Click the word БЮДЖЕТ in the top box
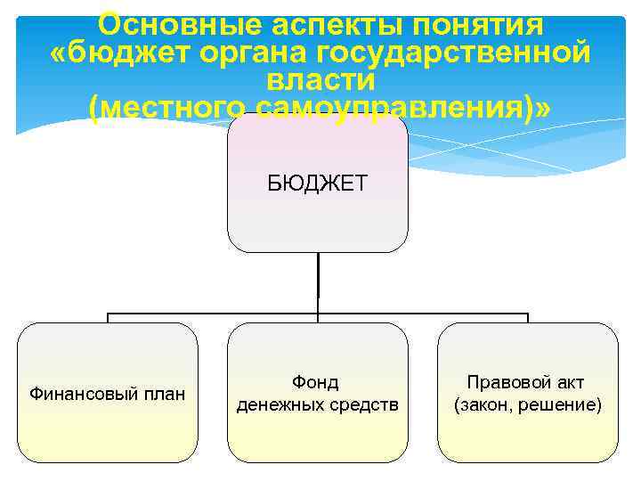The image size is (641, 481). [x=318, y=184]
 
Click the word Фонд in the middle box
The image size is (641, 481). [x=316, y=382]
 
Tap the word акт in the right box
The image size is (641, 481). [x=567, y=382]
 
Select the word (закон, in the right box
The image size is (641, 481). [x=485, y=405]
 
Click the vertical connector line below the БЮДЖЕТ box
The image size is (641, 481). [x=318, y=281]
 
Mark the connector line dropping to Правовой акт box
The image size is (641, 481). [x=528, y=318]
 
